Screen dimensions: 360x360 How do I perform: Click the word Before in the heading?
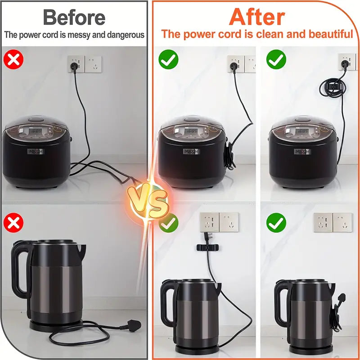click(x=74, y=17)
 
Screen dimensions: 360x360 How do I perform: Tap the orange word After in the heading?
click(x=256, y=17)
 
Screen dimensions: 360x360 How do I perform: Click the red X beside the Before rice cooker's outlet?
click(x=14, y=59)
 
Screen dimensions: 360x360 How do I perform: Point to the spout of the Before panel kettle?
click(x=81, y=248)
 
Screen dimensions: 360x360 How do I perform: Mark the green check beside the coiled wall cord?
click(x=276, y=59)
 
